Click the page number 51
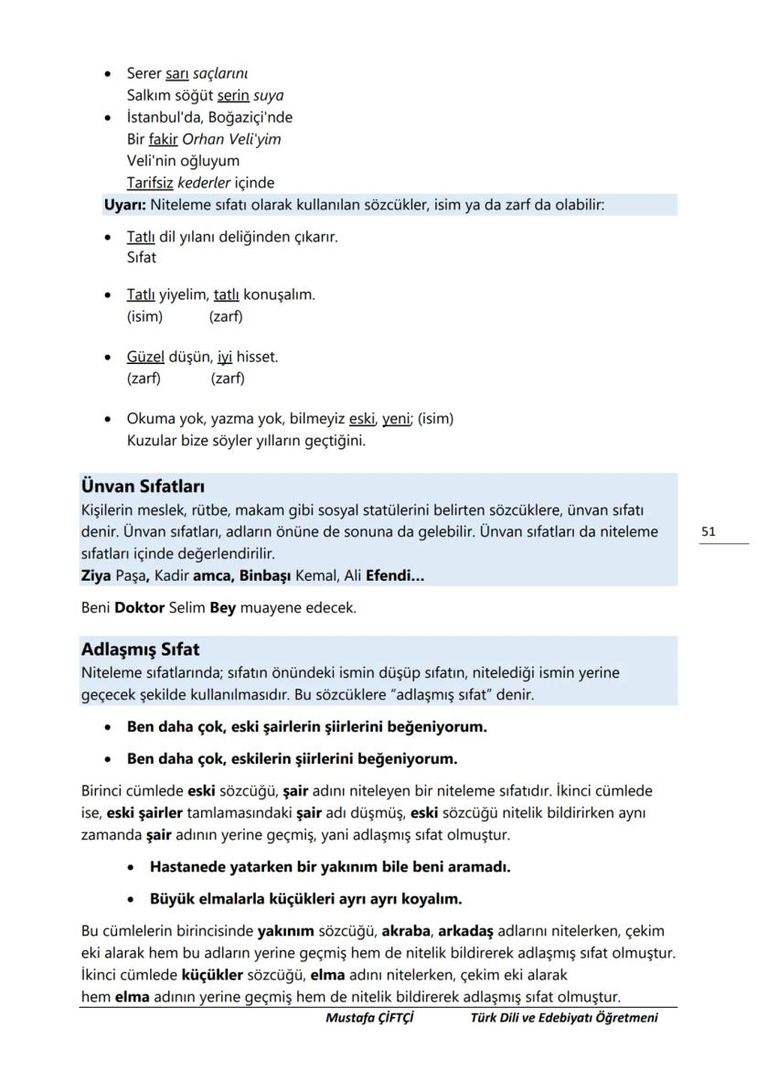[709, 531]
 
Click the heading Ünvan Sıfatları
[143, 487]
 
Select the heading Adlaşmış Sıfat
[140, 650]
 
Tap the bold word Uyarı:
[125, 205]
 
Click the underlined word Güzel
[145, 358]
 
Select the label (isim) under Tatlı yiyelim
[144, 316]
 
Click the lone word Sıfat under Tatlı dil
[141, 258]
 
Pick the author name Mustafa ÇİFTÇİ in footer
[369, 1018]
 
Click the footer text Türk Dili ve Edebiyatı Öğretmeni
[563, 1018]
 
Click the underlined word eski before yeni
[361, 419]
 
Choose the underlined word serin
[233, 95]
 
